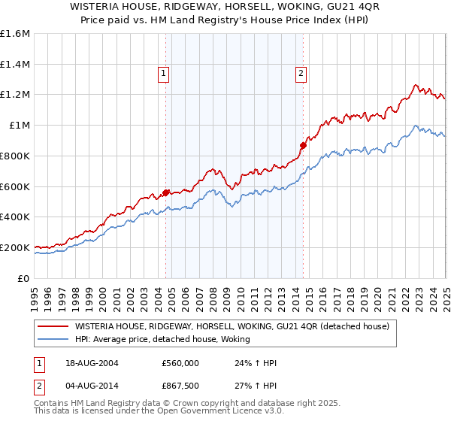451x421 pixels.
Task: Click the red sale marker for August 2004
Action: (166, 192)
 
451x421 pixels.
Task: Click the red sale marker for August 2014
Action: (303, 145)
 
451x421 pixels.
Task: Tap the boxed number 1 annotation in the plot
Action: (163, 73)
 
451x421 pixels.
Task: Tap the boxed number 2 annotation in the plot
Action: (300, 73)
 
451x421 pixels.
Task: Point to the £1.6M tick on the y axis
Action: (15, 34)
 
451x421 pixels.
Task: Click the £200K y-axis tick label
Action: (15, 247)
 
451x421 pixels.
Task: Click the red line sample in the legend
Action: (53, 327)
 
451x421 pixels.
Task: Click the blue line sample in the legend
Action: (53, 340)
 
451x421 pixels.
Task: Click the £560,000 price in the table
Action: (179, 363)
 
